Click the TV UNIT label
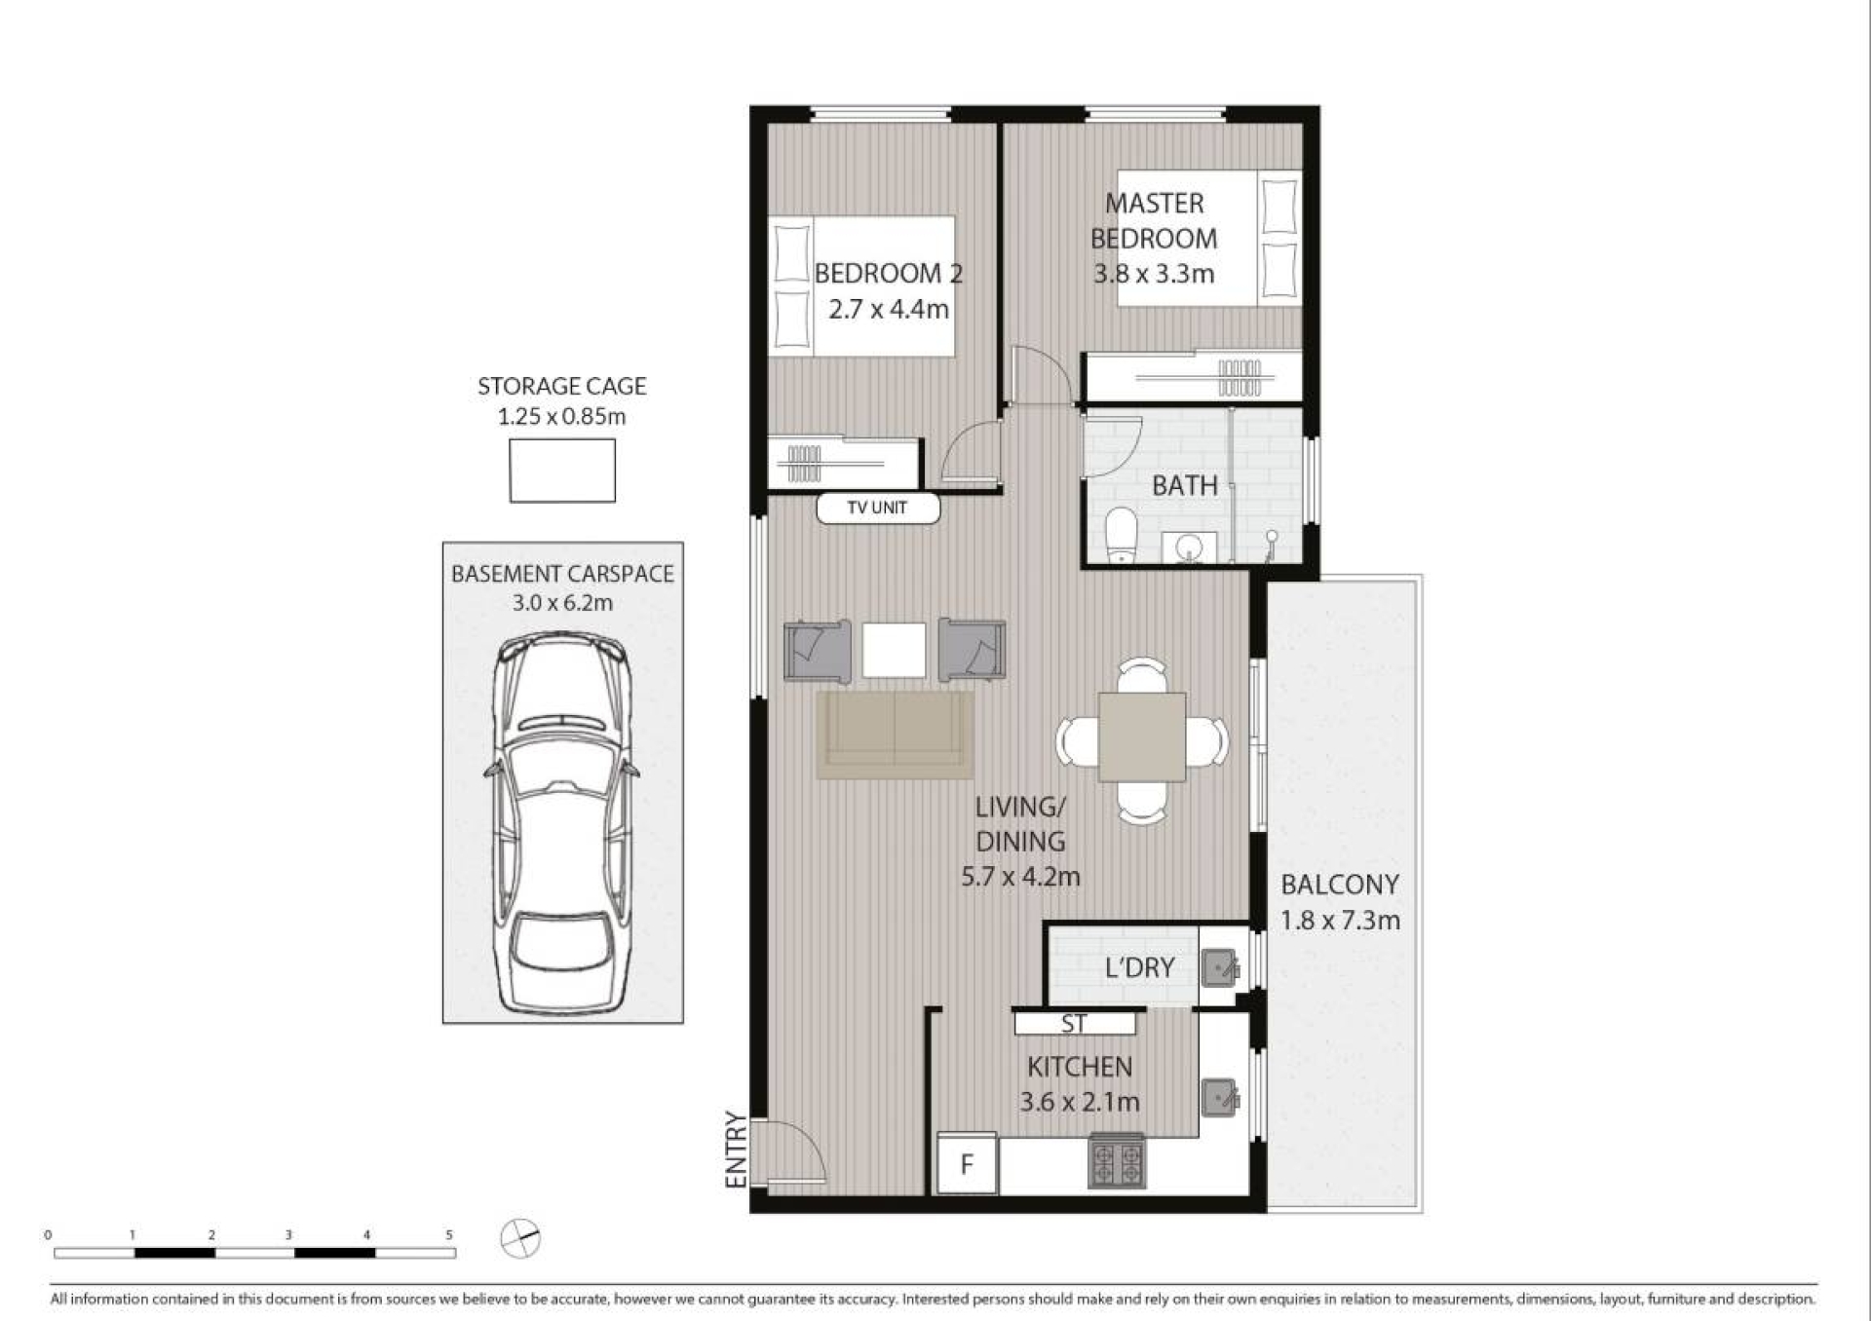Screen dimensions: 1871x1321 (877, 508)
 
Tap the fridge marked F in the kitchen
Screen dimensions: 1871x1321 (967, 1163)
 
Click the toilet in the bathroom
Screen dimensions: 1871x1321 (1122, 535)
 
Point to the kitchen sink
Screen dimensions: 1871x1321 (1219, 1097)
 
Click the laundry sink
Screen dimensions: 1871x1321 (1219, 967)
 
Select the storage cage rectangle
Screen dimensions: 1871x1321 (562, 471)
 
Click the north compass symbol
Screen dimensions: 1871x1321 (520, 1239)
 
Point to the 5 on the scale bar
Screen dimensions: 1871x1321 (449, 1234)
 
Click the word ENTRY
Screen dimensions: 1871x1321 (736, 1151)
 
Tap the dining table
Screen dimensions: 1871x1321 (1142, 737)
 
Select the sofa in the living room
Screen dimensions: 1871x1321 (895, 735)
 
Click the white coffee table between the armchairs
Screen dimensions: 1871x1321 (894, 650)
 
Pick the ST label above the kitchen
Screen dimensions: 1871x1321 (1074, 1024)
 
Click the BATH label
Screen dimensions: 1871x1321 (1185, 485)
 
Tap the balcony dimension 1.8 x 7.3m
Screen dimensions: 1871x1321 (1340, 921)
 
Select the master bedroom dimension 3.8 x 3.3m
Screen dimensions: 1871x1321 (1154, 274)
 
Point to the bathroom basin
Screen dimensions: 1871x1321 (1189, 547)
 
